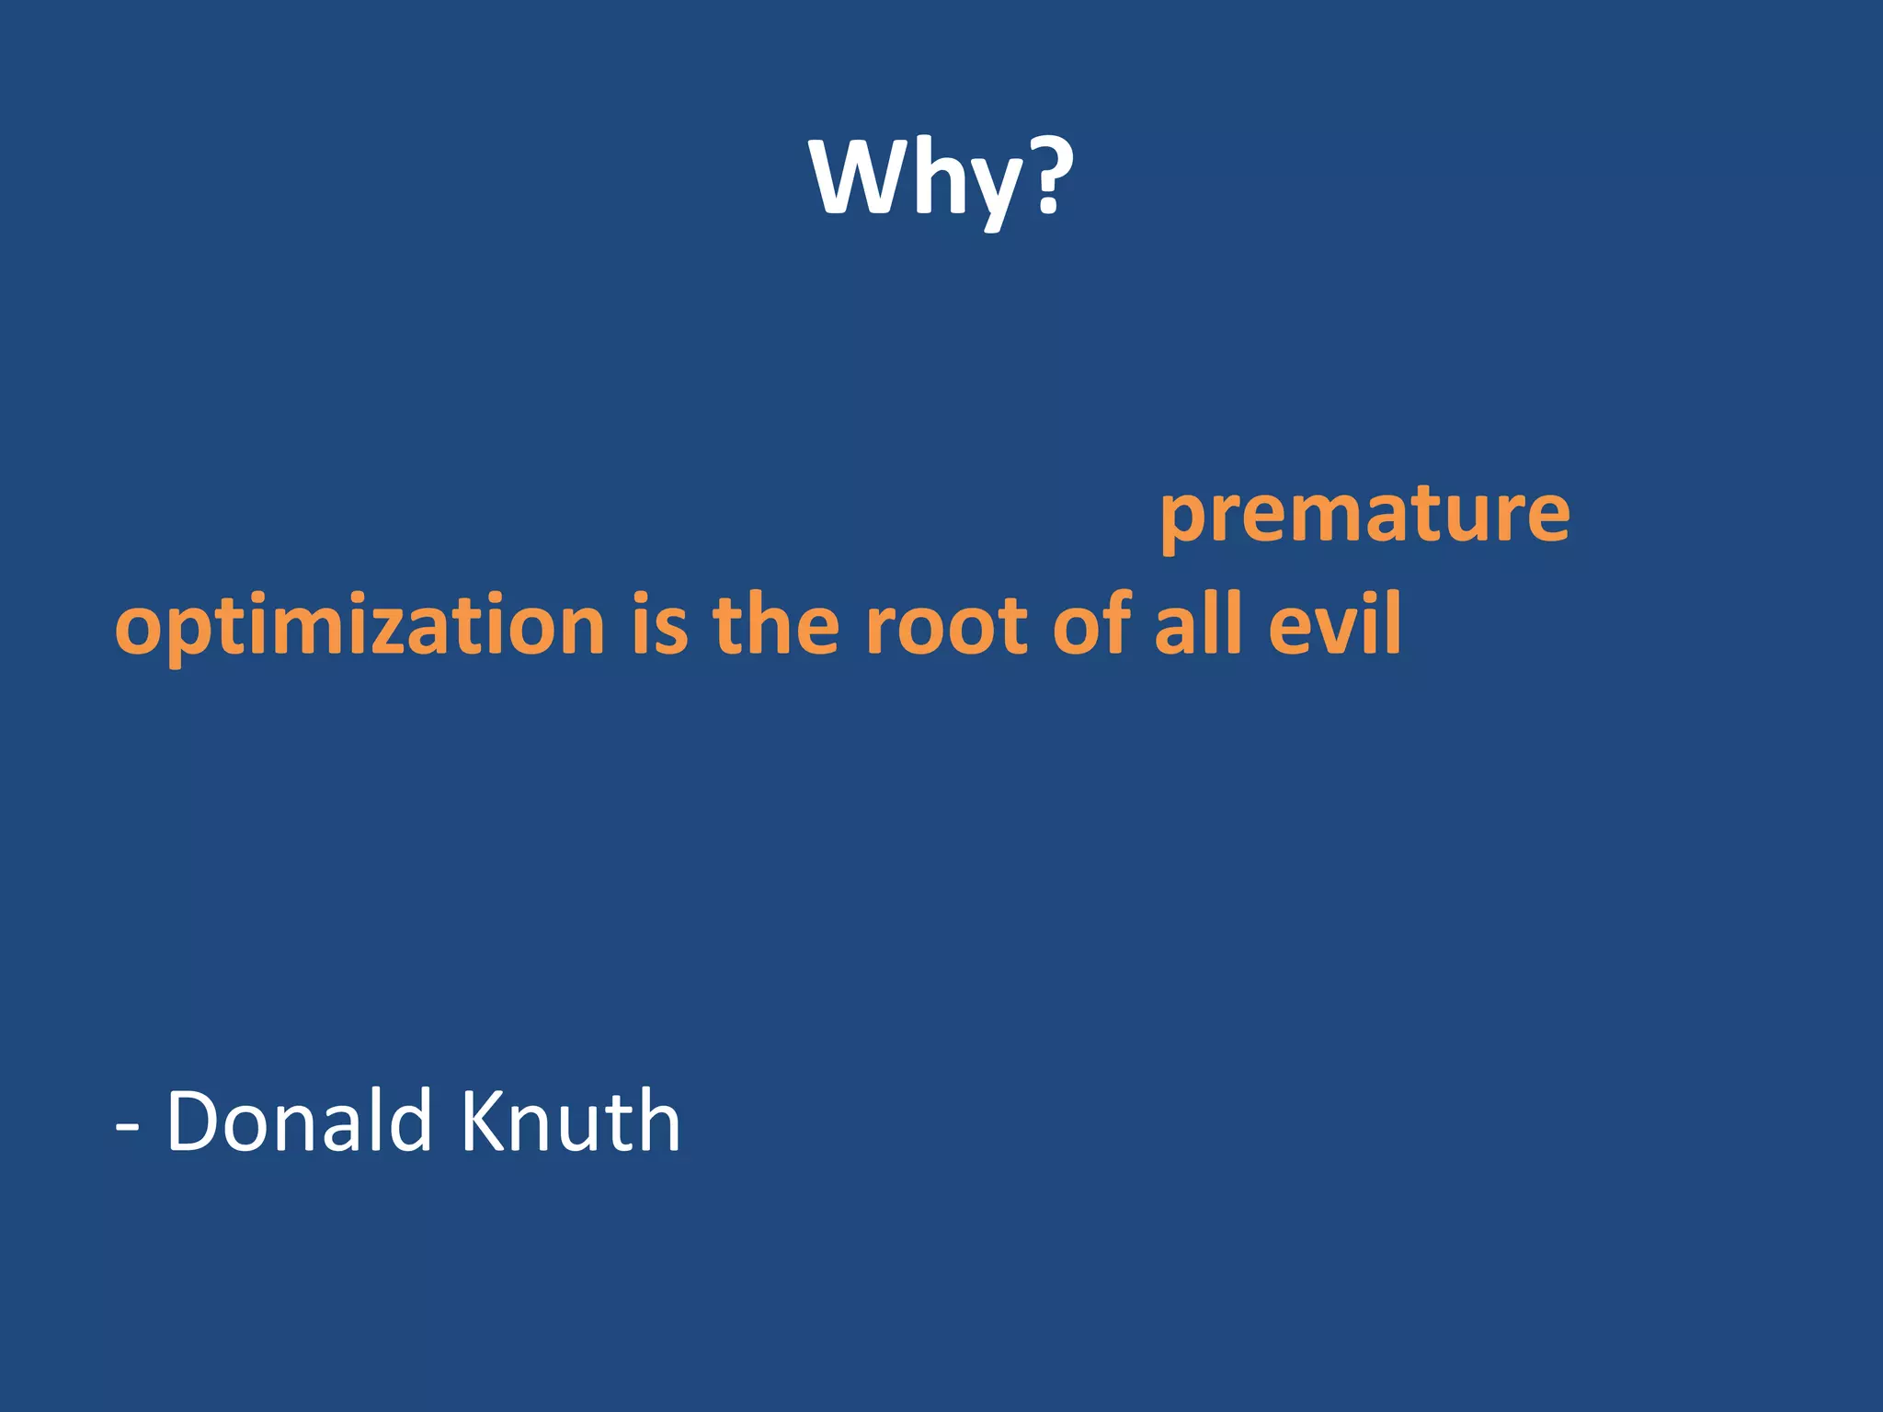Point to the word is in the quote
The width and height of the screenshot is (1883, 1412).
tap(659, 625)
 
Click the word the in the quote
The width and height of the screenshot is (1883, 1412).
tap(775, 625)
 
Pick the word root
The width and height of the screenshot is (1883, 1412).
tap(946, 625)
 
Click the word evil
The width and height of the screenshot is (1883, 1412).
tap(1334, 625)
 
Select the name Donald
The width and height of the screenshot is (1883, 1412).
tap(299, 1121)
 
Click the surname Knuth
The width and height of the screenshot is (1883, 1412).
tap(570, 1121)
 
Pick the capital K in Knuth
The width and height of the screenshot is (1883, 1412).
tap(485, 1121)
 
